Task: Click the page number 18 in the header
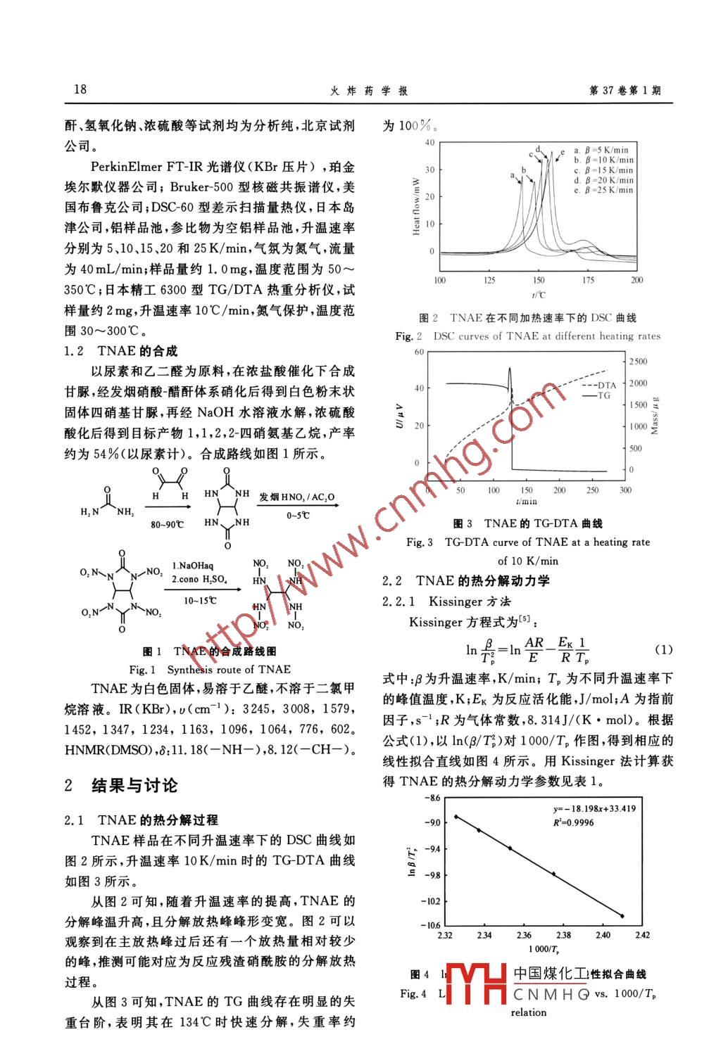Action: (x=80, y=89)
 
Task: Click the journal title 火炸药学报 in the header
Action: (x=368, y=91)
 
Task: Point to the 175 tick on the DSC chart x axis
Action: (x=587, y=280)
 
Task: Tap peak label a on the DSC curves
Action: (x=512, y=175)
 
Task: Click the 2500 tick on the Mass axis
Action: (x=638, y=361)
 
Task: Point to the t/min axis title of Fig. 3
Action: (x=526, y=501)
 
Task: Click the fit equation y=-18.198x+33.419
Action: (x=594, y=808)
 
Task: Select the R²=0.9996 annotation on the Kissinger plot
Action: (x=573, y=822)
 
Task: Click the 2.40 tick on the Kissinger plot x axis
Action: (x=603, y=935)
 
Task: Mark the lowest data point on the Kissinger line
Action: (x=622, y=915)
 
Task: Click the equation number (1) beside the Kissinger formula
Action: (x=664, y=649)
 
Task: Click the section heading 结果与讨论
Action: (x=134, y=785)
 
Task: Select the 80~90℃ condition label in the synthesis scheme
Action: (x=167, y=525)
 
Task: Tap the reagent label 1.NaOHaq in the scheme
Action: (x=192, y=566)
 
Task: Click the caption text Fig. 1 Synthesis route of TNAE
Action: (x=210, y=669)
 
